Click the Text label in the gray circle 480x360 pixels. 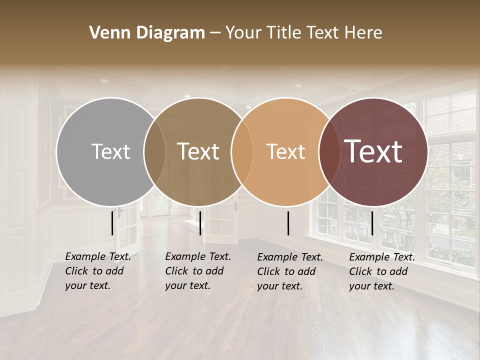[x=111, y=151]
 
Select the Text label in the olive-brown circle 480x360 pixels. [x=198, y=151]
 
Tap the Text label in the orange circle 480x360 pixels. [x=286, y=151]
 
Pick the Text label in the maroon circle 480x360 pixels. [x=373, y=151]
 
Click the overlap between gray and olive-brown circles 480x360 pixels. [x=154, y=151]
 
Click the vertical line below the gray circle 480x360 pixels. [x=112, y=223]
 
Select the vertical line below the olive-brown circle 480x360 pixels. [x=200, y=223]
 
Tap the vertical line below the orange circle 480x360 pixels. [x=288, y=223]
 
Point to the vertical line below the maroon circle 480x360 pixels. [x=372, y=223]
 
